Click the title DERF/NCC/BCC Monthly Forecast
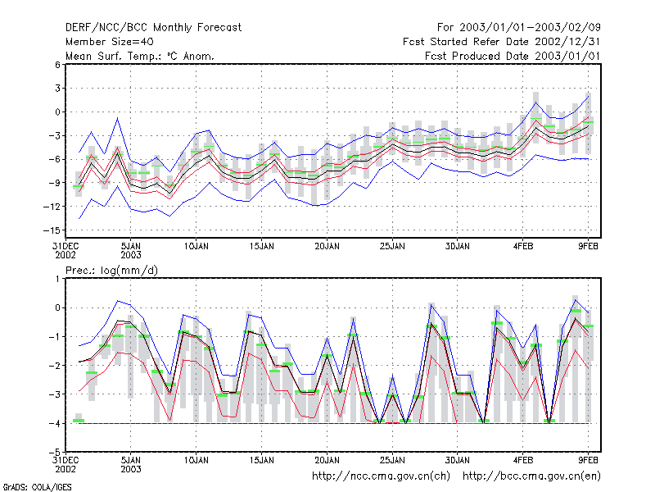click(x=153, y=28)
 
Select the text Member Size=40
click(x=110, y=42)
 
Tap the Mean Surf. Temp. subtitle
click(x=140, y=56)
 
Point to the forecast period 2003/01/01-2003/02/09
click(x=519, y=28)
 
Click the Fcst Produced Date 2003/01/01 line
click(x=513, y=56)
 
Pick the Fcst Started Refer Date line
click(x=501, y=42)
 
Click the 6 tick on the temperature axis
click(x=57, y=65)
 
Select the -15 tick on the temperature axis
click(x=52, y=230)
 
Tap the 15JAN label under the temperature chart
click(x=261, y=247)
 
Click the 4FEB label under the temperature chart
click(x=523, y=247)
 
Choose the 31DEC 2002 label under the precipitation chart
click(x=65, y=464)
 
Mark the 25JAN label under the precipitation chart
click(x=392, y=460)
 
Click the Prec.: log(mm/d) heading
click(x=111, y=271)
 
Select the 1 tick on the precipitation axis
click(x=58, y=279)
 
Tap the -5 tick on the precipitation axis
click(x=55, y=453)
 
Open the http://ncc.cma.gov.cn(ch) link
click(x=381, y=476)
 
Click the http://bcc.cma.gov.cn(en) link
click(x=531, y=476)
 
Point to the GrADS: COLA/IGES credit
click(x=37, y=487)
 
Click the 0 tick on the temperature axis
click(x=57, y=112)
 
